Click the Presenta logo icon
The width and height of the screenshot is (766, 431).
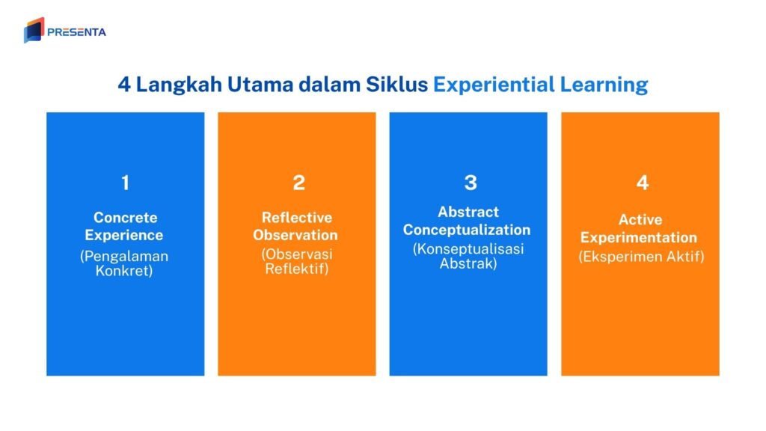(x=34, y=30)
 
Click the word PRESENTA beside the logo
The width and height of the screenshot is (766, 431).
(x=76, y=32)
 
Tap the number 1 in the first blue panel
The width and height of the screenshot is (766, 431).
(x=125, y=182)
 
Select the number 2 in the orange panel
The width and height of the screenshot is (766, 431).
(x=298, y=182)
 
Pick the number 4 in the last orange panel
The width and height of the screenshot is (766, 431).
(x=642, y=182)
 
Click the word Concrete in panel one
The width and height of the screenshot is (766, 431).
(x=125, y=218)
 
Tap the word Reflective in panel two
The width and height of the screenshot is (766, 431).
(x=297, y=218)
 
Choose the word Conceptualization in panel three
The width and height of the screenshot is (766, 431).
(x=467, y=230)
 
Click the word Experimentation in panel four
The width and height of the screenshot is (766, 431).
(x=639, y=238)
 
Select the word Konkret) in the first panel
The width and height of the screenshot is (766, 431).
(x=124, y=271)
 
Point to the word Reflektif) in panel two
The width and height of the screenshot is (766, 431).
(x=297, y=269)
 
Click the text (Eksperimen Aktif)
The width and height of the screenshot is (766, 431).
(x=641, y=257)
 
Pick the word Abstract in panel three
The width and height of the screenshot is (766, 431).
(x=468, y=212)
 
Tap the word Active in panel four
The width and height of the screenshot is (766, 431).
(x=640, y=220)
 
